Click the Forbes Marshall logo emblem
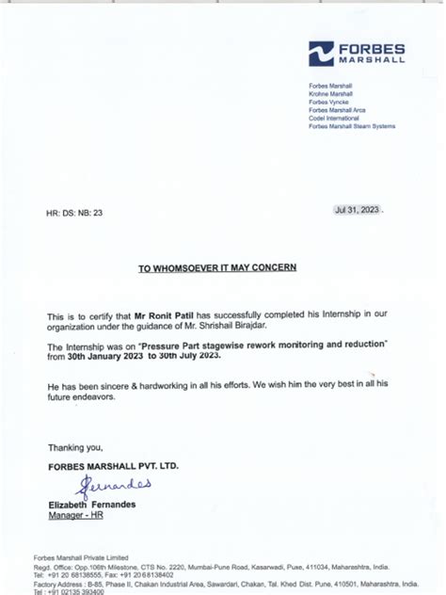click(322, 54)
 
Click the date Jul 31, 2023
click(357, 210)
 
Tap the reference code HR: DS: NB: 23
click(74, 214)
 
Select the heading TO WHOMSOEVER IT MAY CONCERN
click(217, 267)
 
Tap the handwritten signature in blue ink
click(113, 486)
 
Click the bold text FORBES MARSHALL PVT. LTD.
click(113, 466)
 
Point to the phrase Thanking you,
click(75, 447)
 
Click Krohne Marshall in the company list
click(330, 94)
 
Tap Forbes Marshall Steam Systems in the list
click(351, 126)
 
